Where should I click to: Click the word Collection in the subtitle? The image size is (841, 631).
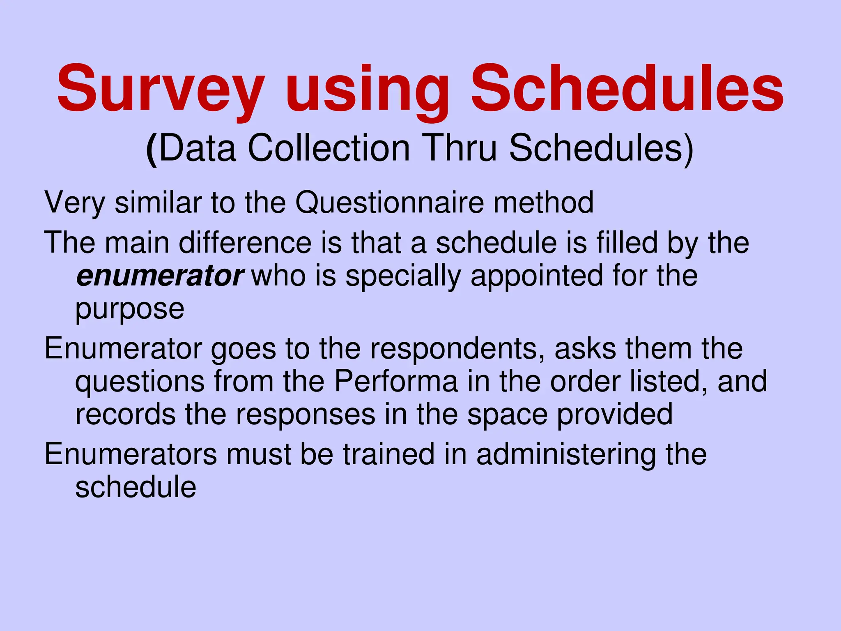[x=329, y=148]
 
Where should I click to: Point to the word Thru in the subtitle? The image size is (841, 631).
[x=460, y=148]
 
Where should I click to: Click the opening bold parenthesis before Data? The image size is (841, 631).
[x=152, y=149]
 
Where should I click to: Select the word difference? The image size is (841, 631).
[x=245, y=242]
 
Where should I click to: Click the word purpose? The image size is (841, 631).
[x=130, y=309]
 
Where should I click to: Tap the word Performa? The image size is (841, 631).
[x=396, y=381]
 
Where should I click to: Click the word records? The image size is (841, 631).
[x=125, y=414]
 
